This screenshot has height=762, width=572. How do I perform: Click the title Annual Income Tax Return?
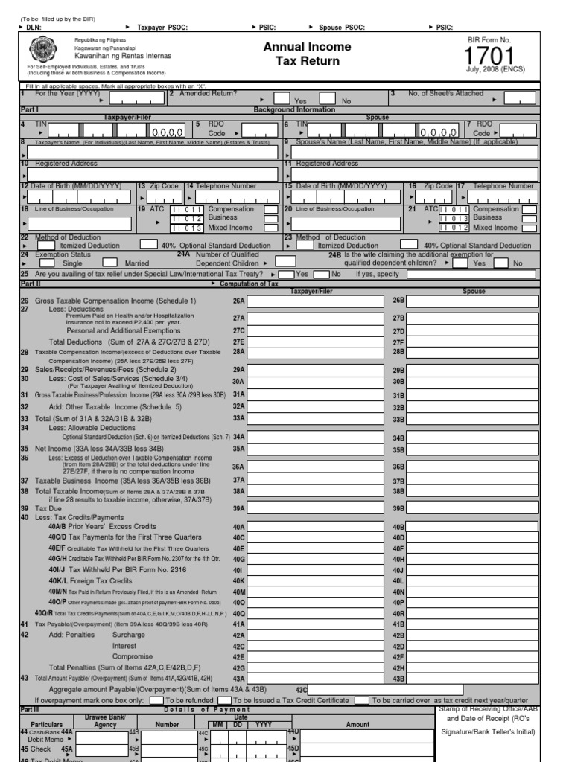308,54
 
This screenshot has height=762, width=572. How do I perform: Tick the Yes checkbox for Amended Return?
282,98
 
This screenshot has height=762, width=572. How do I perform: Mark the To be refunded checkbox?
156,700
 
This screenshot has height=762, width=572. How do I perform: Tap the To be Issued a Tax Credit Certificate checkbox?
224,700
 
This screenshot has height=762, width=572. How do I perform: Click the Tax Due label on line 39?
47,508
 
